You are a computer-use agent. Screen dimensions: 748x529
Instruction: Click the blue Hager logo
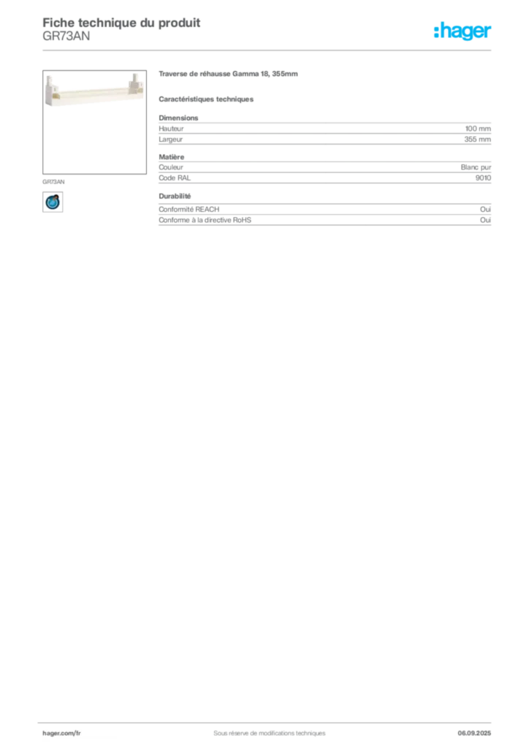pos(464,32)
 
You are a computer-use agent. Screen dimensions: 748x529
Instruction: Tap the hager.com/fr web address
pos(61,732)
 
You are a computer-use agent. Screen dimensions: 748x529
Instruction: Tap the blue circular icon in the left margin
pos(52,202)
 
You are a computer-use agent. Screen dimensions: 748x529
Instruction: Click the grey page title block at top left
pos(121,23)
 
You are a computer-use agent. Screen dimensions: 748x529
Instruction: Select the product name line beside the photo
pos(230,76)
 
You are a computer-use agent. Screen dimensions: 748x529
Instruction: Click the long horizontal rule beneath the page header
pos(268,50)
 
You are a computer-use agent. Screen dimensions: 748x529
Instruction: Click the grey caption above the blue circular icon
pos(55,179)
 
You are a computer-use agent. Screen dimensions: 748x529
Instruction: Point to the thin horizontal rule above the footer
pos(268,720)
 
